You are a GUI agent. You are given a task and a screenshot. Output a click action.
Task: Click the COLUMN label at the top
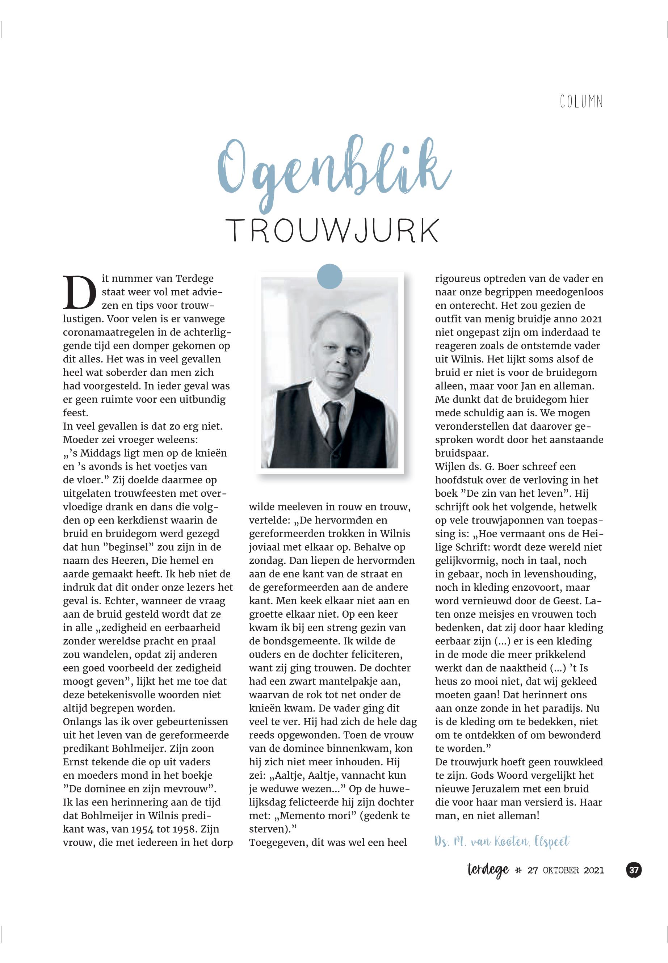(581, 102)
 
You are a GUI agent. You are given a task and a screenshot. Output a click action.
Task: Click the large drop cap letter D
(80, 292)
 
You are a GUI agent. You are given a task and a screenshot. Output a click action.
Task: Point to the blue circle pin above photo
(330, 277)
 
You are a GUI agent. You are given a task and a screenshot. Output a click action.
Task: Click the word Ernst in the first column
(75, 762)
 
